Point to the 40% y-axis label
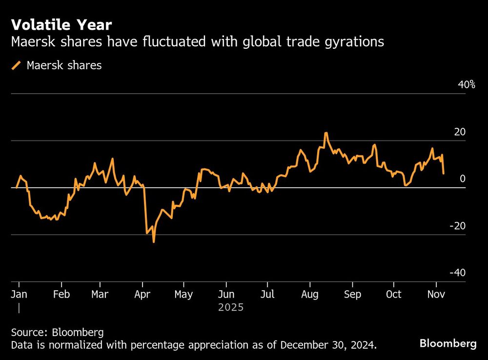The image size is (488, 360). coord(466,85)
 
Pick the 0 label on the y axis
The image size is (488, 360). coord(463,179)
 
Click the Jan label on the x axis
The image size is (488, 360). coord(19,295)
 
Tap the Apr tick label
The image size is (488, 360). coord(142,295)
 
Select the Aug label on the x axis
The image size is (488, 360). coord(310,295)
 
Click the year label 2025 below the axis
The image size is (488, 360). coord(230,308)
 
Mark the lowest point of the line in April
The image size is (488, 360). coord(154,241)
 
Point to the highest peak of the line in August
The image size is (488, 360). coord(325,133)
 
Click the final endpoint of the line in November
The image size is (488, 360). coord(443,173)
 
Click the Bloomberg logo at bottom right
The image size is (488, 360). coord(447,344)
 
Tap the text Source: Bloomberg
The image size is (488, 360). coord(57,333)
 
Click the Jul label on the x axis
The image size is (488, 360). coord(267,295)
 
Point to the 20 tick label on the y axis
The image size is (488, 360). coord(460,132)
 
